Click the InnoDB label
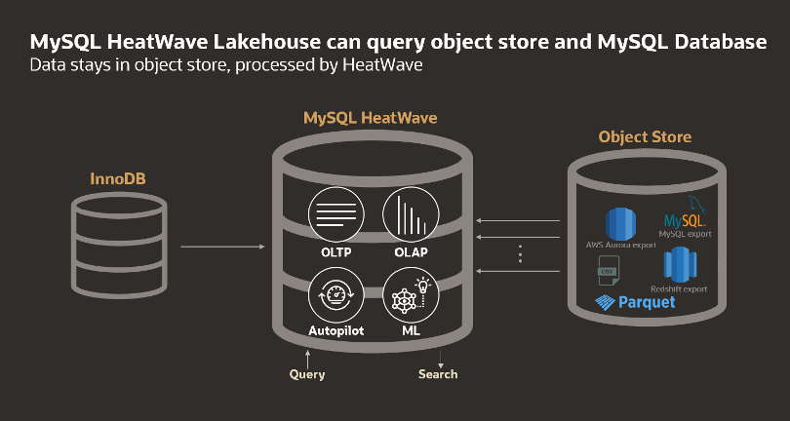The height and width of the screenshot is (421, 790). (x=119, y=179)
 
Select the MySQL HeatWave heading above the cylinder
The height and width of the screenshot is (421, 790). (x=370, y=118)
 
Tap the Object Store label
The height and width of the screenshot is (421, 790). (x=645, y=136)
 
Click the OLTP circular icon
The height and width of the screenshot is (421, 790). (x=335, y=214)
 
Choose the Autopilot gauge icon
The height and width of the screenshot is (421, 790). (x=335, y=296)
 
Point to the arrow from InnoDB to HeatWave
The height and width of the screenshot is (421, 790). (x=222, y=248)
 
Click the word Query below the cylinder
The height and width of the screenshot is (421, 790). (x=307, y=374)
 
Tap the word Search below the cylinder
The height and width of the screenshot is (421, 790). (x=438, y=374)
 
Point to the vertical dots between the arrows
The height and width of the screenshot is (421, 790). (x=520, y=253)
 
